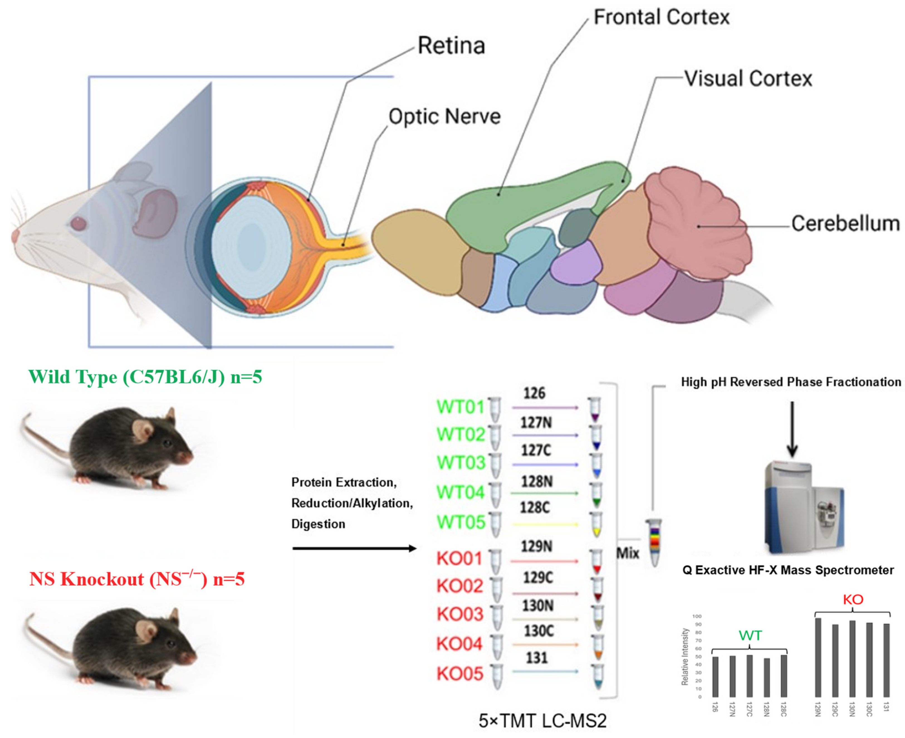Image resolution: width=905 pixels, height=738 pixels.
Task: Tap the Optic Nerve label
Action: (x=445, y=116)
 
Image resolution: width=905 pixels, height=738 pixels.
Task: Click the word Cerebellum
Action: (x=845, y=224)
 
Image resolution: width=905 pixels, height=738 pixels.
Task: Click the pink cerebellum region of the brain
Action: (x=697, y=221)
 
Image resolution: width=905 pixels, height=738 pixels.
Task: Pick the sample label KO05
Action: (x=460, y=674)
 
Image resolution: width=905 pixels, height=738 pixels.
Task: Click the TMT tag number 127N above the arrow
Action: (x=536, y=423)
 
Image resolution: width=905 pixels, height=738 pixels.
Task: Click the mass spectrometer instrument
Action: (x=803, y=508)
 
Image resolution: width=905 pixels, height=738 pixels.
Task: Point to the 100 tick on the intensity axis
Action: (x=697, y=616)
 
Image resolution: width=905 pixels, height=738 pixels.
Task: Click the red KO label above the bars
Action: (x=853, y=599)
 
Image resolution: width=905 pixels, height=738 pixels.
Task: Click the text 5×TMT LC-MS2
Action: (x=542, y=720)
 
